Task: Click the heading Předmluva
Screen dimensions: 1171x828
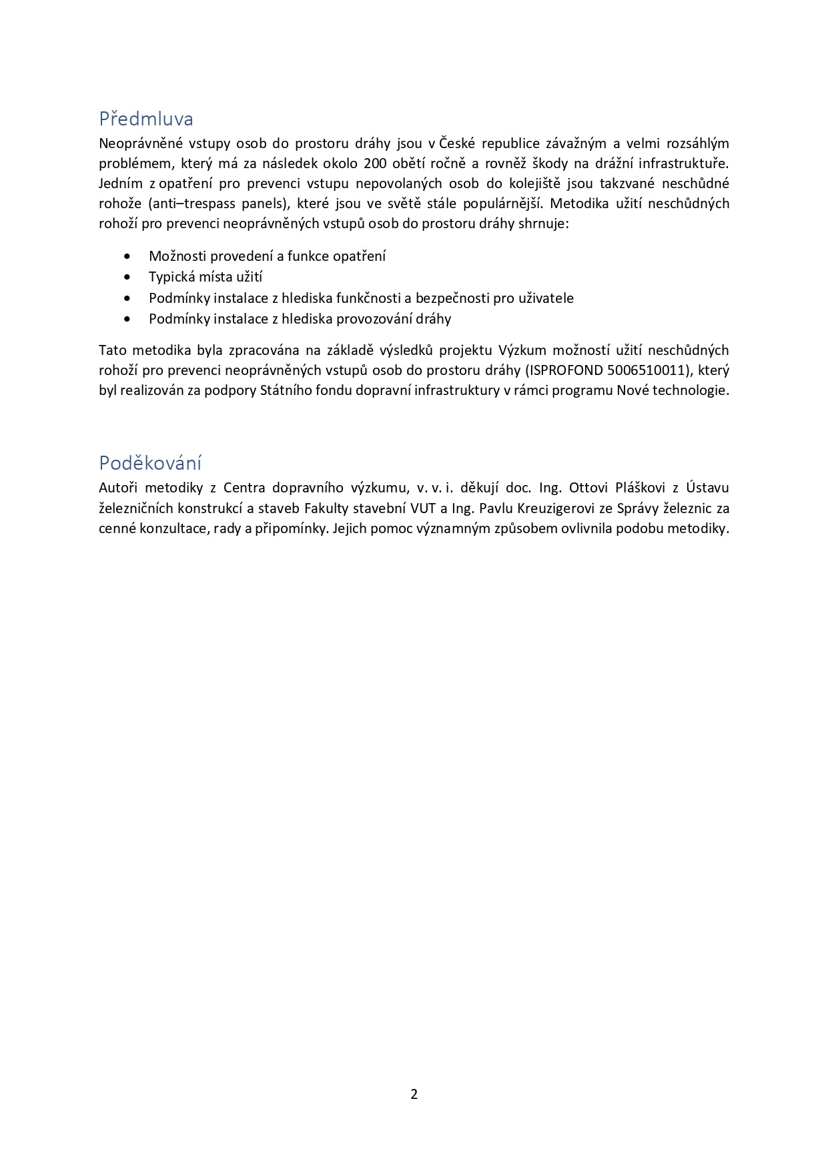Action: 146,119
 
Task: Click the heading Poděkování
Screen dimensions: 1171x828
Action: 150,463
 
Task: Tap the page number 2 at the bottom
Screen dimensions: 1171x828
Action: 414,1094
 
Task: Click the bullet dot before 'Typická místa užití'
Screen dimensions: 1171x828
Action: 127,277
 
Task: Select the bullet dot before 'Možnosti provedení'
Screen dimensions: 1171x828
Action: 127,256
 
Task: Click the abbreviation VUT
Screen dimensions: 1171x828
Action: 423,508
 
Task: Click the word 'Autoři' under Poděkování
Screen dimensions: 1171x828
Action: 118,488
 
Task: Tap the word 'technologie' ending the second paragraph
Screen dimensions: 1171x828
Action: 690,390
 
